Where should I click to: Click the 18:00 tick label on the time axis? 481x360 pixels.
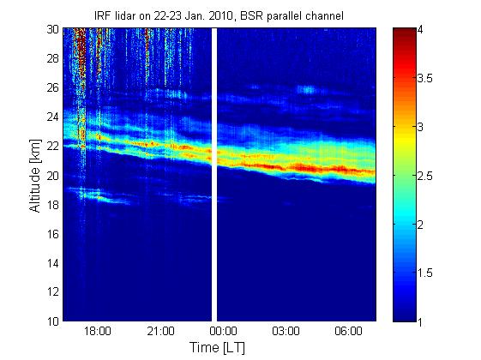[x=98, y=332]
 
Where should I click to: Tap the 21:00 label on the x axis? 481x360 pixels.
[x=160, y=332]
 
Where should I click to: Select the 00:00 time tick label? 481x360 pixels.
[x=223, y=332]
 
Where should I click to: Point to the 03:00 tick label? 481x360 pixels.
[x=286, y=332]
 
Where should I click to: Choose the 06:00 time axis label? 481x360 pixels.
[x=348, y=332]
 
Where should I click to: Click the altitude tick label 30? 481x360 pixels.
[x=53, y=29]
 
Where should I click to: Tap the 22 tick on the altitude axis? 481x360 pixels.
[x=53, y=147]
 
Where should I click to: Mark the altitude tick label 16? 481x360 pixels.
[x=53, y=234]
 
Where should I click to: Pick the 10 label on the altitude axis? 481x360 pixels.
[x=53, y=321]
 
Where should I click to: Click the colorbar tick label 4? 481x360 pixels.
[x=420, y=30]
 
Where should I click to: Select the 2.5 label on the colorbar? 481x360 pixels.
[x=425, y=176]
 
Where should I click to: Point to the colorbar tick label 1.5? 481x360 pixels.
[x=425, y=273]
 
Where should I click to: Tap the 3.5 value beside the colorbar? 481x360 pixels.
[x=425, y=79]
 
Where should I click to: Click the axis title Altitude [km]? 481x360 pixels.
[x=35, y=176]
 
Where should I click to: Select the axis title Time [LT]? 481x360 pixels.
[x=218, y=348]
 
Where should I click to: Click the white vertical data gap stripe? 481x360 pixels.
[x=214, y=175]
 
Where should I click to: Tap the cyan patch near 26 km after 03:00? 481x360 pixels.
[x=307, y=89]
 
